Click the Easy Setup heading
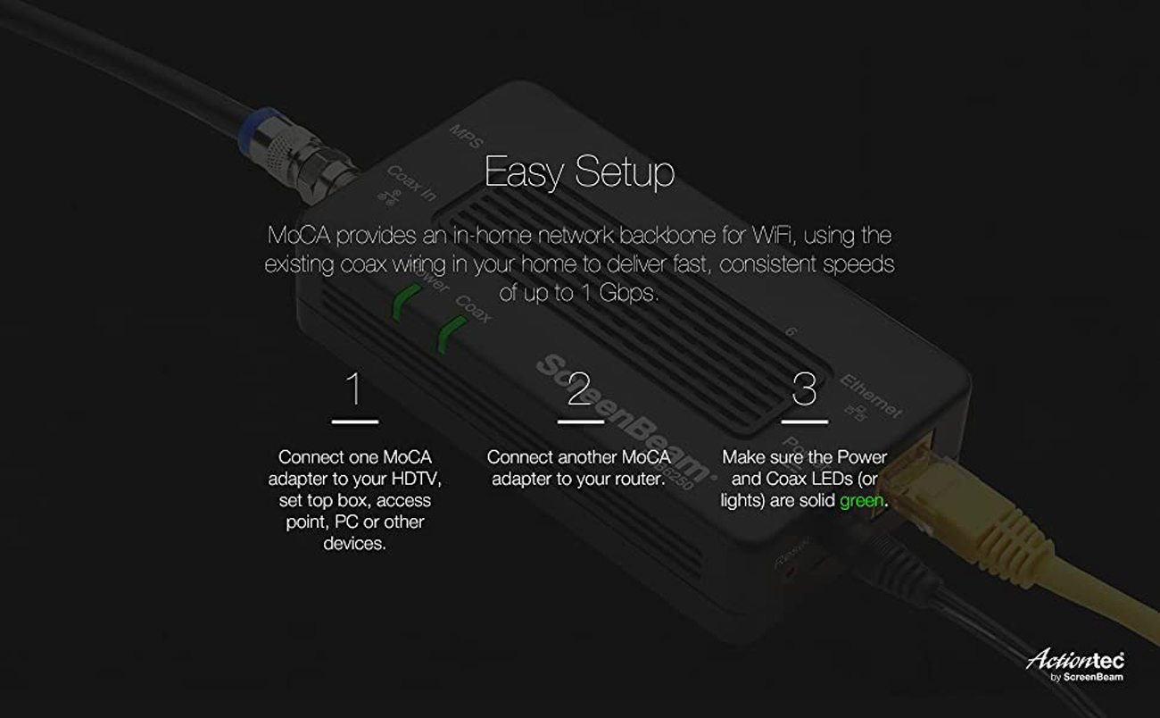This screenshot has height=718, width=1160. [579, 171]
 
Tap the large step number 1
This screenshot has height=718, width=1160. [354, 389]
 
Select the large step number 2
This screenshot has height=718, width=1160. [579, 389]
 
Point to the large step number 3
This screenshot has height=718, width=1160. [804, 389]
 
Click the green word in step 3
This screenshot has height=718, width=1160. [862, 501]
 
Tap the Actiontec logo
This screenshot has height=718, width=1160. [1074, 662]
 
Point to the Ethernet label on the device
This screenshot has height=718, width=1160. [870, 396]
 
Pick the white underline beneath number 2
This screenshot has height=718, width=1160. [581, 421]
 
